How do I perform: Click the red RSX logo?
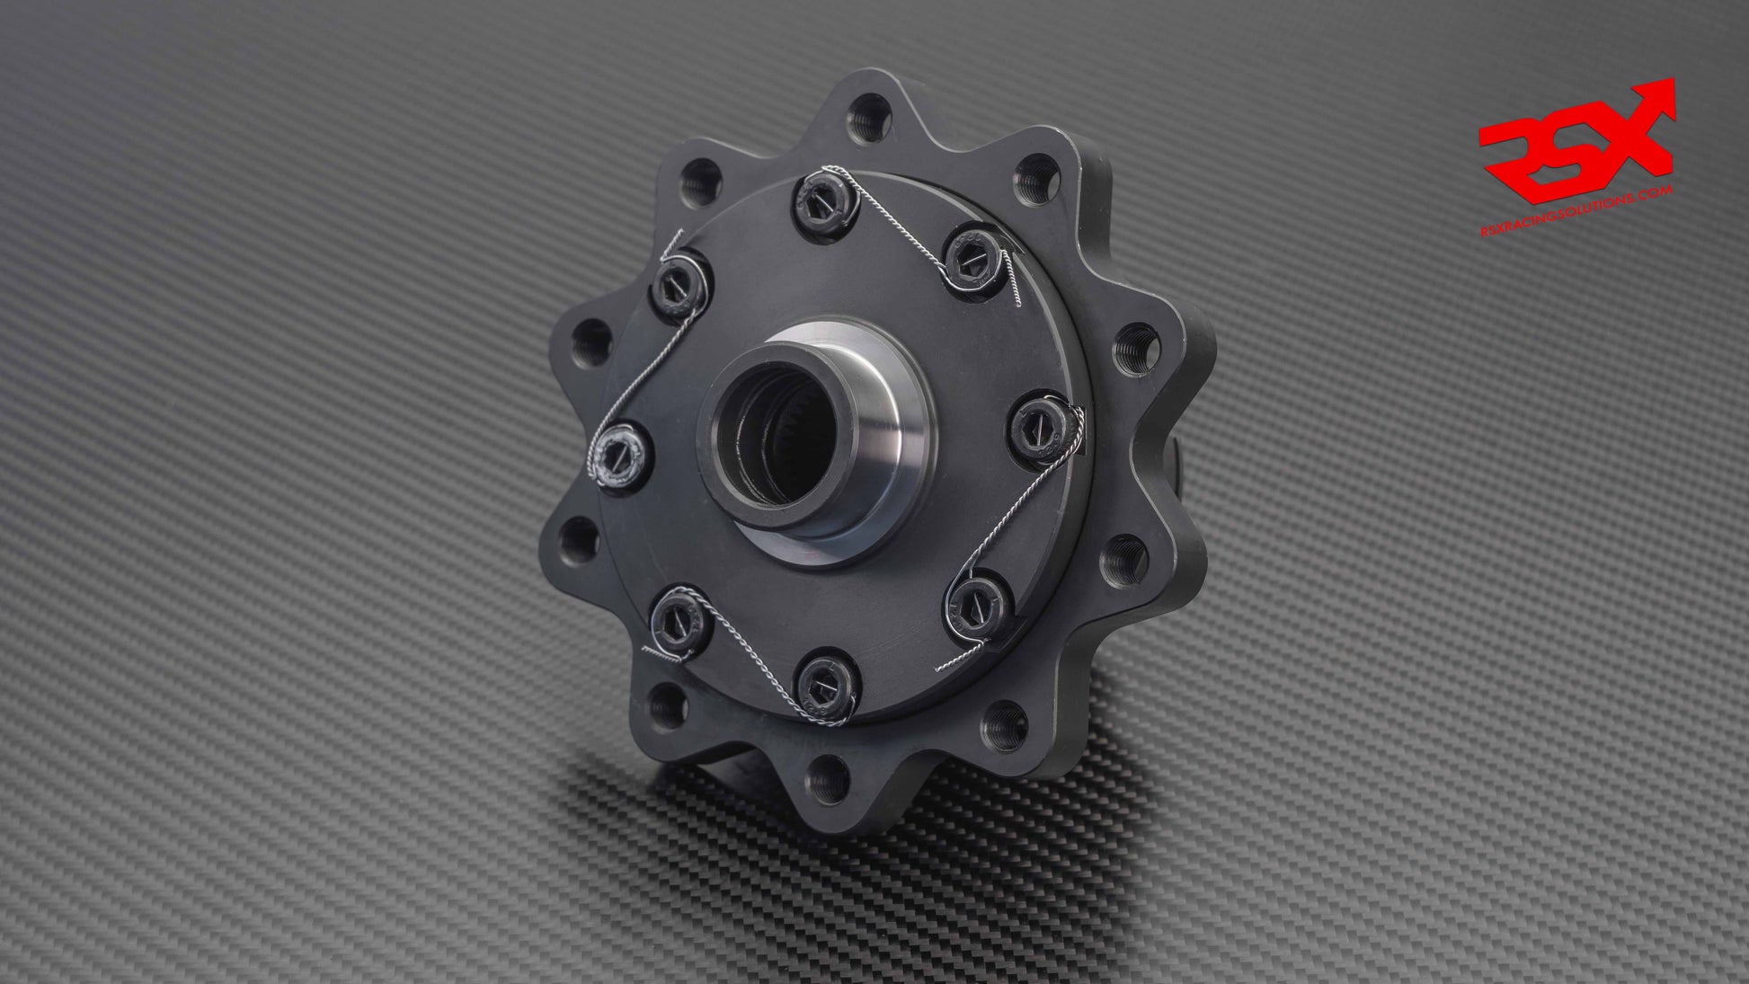coord(1576,144)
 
